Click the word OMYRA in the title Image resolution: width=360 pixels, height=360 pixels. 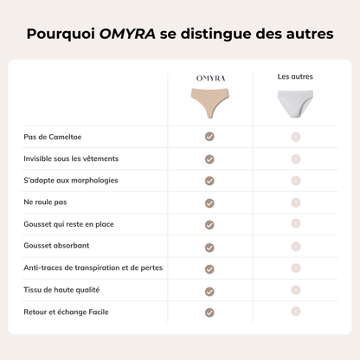click(x=127, y=35)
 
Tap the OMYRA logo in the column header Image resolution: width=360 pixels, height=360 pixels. click(x=209, y=79)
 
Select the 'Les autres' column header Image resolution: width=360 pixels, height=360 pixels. click(x=295, y=77)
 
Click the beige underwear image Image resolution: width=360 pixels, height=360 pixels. click(x=209, y=102)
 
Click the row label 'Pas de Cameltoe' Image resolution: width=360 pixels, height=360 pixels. click(x=53, y=137)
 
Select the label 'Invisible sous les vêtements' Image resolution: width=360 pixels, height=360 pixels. click(x=72, y=158)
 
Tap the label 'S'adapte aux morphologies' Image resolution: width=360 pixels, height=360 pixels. click(x=71, y=180)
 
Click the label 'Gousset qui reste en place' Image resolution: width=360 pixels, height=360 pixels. click(x=69, y=224)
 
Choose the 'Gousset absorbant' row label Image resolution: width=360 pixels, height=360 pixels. click(x=55, y=246)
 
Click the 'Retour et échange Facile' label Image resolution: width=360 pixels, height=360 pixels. click(x=66, y=312)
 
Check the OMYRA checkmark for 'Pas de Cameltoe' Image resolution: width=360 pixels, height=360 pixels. click(x=209, y=137)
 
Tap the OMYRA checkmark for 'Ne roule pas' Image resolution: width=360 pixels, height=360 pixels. click(x=209, y=202)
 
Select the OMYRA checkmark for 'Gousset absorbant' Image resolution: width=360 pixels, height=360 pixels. click(x=209, y=247)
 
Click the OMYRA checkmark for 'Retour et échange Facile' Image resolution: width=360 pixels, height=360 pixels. click(x=209, y=312)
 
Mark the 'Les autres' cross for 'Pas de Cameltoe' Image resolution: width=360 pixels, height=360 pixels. click(x=295, y=137)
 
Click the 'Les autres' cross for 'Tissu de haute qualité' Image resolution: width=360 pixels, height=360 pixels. click(x=295, y=290)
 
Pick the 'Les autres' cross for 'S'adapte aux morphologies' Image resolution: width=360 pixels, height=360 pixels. click(x=295, y=180)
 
